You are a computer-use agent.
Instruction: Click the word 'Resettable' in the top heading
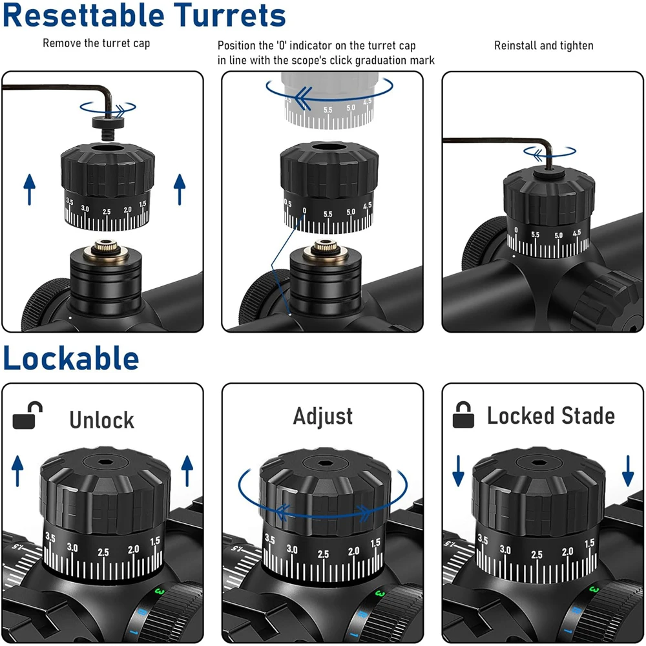[83, 16]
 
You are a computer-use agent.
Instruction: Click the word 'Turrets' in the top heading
[229, 16]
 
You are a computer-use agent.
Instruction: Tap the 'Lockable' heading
[71, 358]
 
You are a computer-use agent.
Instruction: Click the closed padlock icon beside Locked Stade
[463, 415]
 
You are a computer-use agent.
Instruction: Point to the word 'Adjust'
[323, 417]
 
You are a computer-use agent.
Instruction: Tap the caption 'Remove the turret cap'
[96, 43]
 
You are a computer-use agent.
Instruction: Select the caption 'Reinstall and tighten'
[544, 45]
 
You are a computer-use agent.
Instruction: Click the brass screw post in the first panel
[106, 249]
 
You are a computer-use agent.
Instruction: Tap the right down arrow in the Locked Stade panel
[628, 471]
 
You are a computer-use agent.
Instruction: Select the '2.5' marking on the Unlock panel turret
[103, 552]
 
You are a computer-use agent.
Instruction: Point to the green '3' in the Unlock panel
[160, 592]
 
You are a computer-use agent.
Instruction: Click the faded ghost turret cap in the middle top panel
[329, 100]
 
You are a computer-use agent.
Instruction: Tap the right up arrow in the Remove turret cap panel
[180, 189]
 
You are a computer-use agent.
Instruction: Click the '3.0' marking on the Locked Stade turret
[505, 550]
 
